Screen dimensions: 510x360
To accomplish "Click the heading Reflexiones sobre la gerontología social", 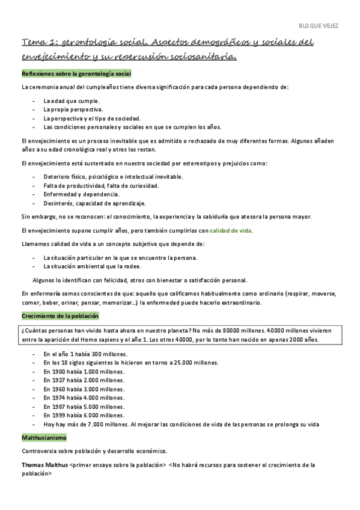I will point(76,73).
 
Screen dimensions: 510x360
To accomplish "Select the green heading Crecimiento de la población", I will point(60,316).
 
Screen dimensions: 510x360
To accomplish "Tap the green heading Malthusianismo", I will point(44,437).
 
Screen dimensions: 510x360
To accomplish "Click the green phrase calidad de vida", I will point(231,230).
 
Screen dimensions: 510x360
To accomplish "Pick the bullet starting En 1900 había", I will point(84,372).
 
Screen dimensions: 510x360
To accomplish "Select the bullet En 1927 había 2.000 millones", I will point(84,380).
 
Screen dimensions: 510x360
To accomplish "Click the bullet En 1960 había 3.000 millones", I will point(84,389).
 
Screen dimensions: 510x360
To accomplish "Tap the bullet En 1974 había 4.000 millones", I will point(84,398).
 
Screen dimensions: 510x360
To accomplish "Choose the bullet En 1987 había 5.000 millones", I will point(84,407).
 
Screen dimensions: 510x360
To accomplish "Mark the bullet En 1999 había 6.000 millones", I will point(84,415).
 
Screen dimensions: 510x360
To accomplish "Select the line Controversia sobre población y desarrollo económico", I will point(95,451).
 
